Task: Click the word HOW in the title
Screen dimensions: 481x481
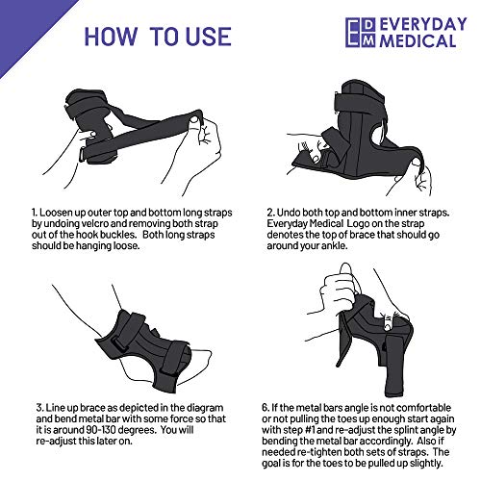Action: click(110, 37)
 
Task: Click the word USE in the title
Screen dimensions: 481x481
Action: click(209, 37)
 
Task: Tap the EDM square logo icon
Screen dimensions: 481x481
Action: click(361, 33)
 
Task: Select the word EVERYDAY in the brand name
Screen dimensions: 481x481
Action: click(423, 24)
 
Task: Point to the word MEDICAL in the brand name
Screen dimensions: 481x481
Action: click(418, 40)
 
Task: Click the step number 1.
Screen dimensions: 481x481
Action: click(35, 213)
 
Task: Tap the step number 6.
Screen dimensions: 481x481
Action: click(266, 408)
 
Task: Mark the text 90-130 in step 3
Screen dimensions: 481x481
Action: click(102, 430)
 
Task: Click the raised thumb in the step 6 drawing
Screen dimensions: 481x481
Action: click(346, 273)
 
